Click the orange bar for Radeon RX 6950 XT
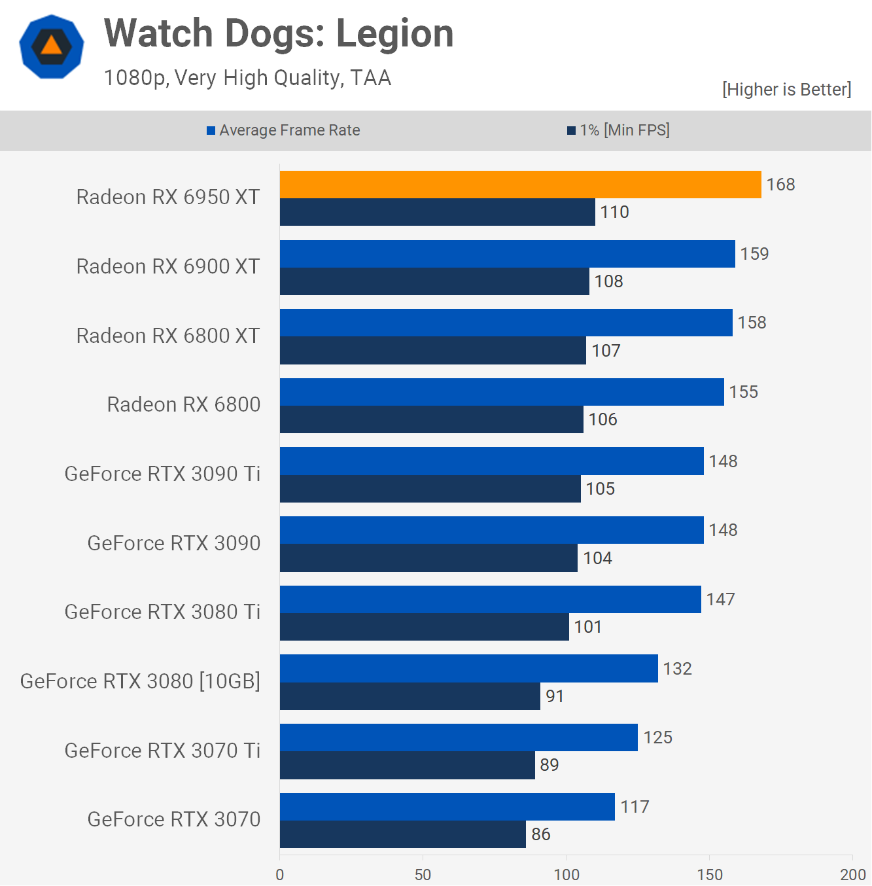(x=520, y=185)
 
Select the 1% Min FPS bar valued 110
(x=437, y=212)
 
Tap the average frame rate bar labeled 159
(x=507, y=254)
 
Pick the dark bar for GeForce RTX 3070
(x=402, y=834)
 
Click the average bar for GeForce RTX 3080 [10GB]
(x=468, y=669)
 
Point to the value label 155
(x=744, y=392)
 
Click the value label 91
(x=555, y=696)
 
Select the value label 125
(x=657, y=737)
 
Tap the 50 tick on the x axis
(x=423, y=875)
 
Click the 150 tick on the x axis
(x=710, y=875)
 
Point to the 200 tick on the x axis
(x=852, y=875)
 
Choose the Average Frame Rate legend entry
(x=284, y=130)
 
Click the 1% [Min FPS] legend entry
(x=618, y=130)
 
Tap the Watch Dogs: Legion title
(x=279, y=33)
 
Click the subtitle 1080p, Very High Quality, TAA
(x=247, y=78)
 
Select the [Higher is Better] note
(x=786, y=90)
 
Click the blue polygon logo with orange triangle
(x=52, y=46)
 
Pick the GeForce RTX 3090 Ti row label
(x=162, y=474)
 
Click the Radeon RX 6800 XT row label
(x=168, y=336)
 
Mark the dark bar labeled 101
(x=424, y=627)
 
